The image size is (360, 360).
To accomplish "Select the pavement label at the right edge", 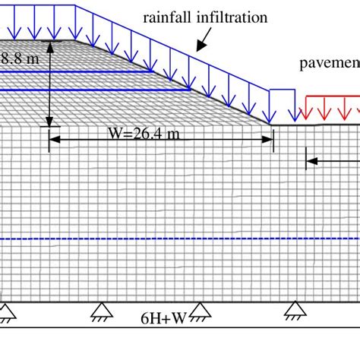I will click(x=327, y=65).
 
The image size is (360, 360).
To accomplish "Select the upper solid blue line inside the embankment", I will click(x=76, y=73).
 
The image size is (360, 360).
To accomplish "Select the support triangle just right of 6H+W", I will click(x=199, y=308).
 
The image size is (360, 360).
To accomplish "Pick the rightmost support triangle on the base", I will click(x=296, y=308).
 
